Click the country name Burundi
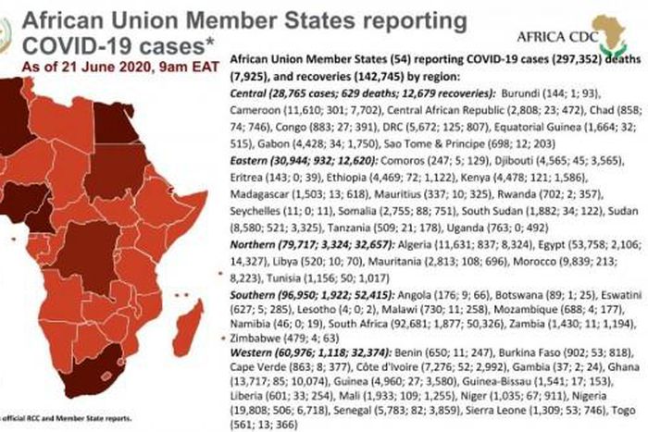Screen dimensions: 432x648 [x=518, y=94]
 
